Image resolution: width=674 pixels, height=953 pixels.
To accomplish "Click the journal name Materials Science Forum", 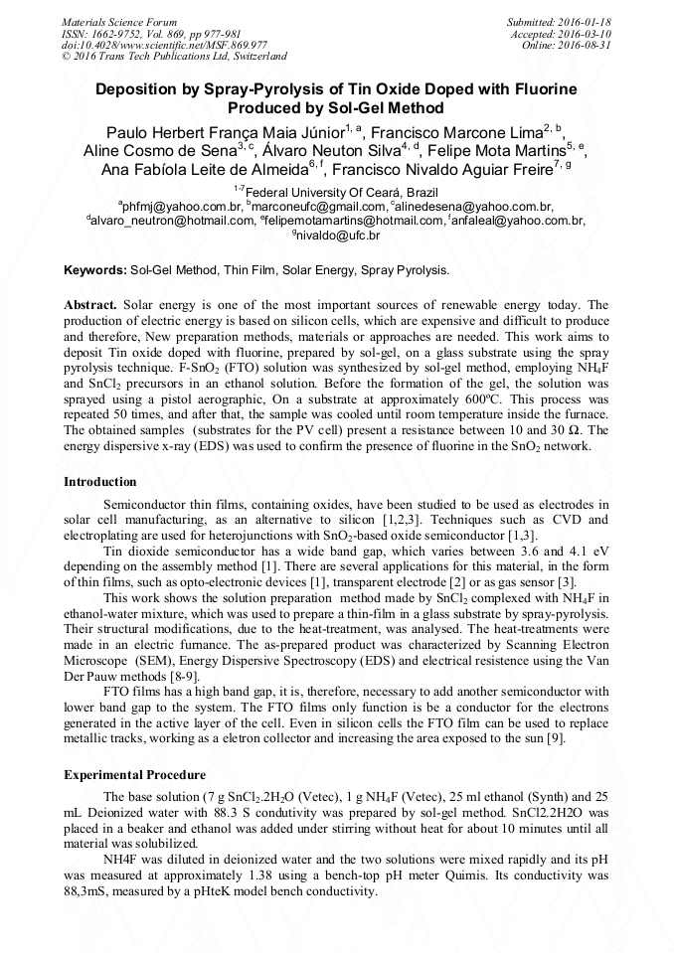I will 119,22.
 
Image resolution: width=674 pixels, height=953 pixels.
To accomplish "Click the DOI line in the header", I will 164,45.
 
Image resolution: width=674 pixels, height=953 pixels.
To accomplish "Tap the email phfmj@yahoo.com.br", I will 183,207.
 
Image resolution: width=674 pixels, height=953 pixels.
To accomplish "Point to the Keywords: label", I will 95,270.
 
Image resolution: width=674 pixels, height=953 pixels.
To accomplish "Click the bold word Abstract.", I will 90,304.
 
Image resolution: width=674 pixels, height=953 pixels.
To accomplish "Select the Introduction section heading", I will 100,482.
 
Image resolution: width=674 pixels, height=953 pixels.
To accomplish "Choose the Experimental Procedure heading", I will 135,775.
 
